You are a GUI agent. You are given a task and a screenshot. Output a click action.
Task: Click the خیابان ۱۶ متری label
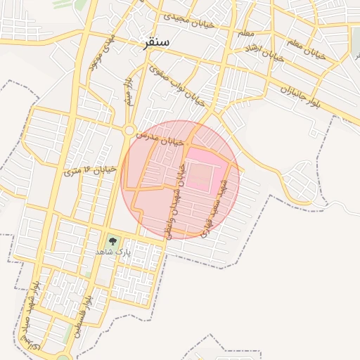(x=89, y=169)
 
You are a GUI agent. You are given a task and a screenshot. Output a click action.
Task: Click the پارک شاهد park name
(x=112, y=251)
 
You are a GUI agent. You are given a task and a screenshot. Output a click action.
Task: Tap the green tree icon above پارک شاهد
(x=112, y=240)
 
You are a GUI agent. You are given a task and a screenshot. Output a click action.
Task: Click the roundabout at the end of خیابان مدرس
(x=129, y=130)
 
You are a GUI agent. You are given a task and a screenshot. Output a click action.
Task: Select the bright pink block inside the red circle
(x=207, y=169)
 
